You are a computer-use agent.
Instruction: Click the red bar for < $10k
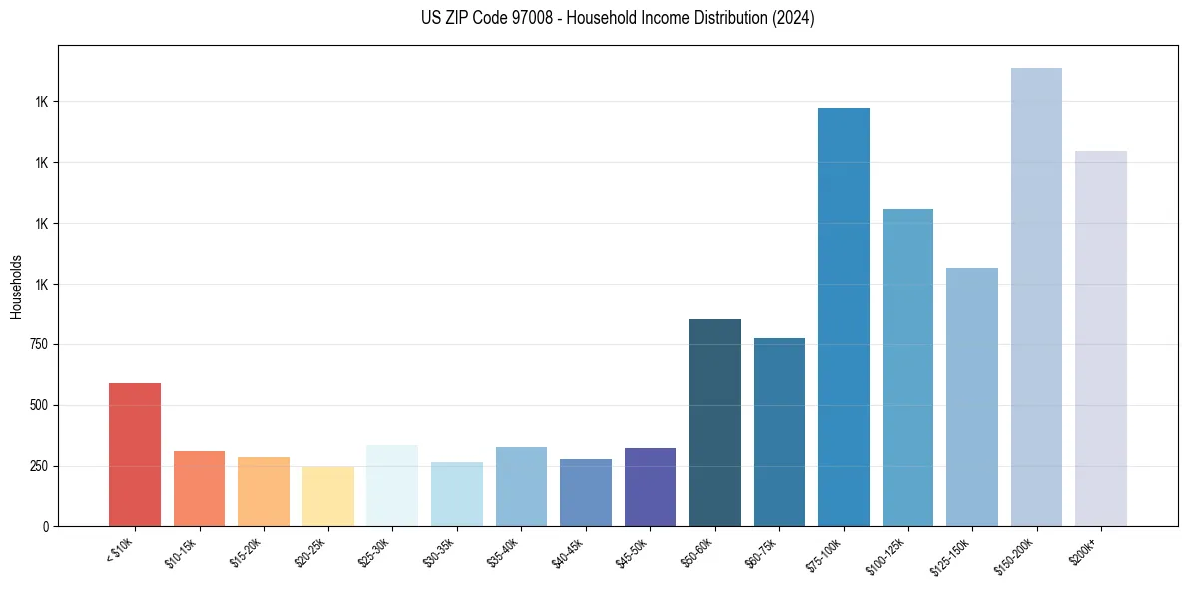135,454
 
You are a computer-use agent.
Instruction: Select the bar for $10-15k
199,488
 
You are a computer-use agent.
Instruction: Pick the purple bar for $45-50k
650,486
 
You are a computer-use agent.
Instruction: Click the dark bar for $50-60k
715,422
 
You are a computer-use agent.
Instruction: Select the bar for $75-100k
844,316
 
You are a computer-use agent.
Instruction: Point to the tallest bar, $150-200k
1036,296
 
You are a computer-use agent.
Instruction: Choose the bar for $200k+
1101,338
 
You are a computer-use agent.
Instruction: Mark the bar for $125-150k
972,396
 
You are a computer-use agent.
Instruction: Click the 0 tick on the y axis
44,526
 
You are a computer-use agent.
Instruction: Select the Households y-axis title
16,287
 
